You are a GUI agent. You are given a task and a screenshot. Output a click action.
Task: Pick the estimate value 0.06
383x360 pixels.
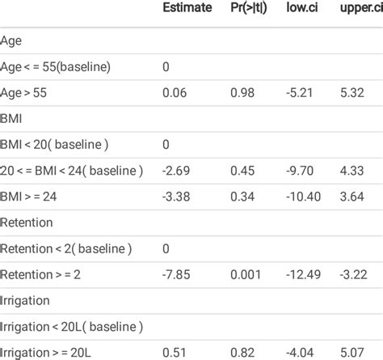(x=172, y=93)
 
